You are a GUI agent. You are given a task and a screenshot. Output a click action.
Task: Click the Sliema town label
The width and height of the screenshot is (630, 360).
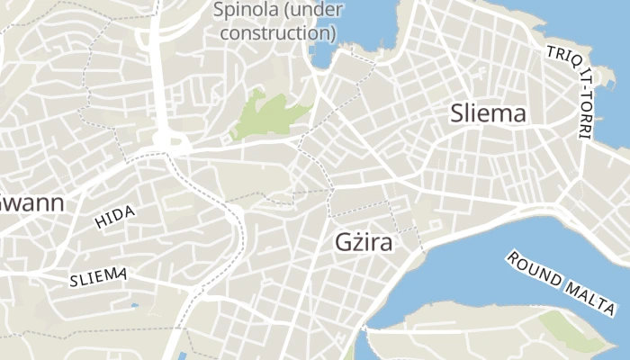coord(488,114)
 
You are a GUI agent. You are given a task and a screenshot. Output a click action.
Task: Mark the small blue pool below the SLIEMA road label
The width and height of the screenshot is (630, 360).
coord(134,305)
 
